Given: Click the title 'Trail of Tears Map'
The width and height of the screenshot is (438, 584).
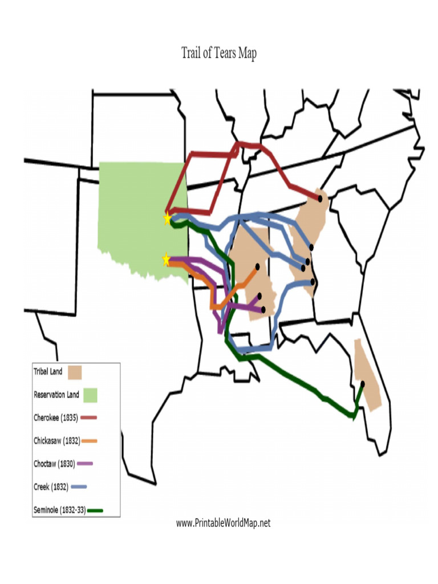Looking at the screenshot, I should pos(219,54).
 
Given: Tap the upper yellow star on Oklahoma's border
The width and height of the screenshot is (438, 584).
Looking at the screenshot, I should pos(167,218).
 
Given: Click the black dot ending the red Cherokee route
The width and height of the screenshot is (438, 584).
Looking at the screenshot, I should pos(320,198).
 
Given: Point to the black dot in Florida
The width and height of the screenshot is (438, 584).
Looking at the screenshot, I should pos(363,383).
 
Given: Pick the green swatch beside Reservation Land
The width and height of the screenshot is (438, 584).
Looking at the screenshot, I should pos(90,395).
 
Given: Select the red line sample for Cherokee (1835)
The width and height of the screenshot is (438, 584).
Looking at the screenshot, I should pos(88,417).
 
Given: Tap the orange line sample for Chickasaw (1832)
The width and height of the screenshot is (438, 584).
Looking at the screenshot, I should pos(90,440).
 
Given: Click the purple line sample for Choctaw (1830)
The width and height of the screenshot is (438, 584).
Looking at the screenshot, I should pos(84,463).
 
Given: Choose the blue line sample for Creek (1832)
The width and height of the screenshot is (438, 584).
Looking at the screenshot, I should pos(79,487).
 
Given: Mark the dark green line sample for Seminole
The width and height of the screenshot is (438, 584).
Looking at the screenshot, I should pos(95,510).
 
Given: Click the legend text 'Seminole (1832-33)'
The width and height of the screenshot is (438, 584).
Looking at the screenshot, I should pos(60,510).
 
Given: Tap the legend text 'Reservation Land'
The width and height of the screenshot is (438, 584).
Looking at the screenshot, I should pos(56,395).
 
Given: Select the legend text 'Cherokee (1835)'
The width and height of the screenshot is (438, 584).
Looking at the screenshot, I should pos(56,417).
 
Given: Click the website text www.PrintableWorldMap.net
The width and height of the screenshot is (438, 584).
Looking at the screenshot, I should pos(223,523).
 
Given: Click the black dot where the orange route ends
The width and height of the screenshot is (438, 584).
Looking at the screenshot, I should pos(257,266).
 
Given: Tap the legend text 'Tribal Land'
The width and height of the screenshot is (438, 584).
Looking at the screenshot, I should pos(48,372).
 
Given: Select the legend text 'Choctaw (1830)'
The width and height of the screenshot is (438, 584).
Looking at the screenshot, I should pos(54,463).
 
